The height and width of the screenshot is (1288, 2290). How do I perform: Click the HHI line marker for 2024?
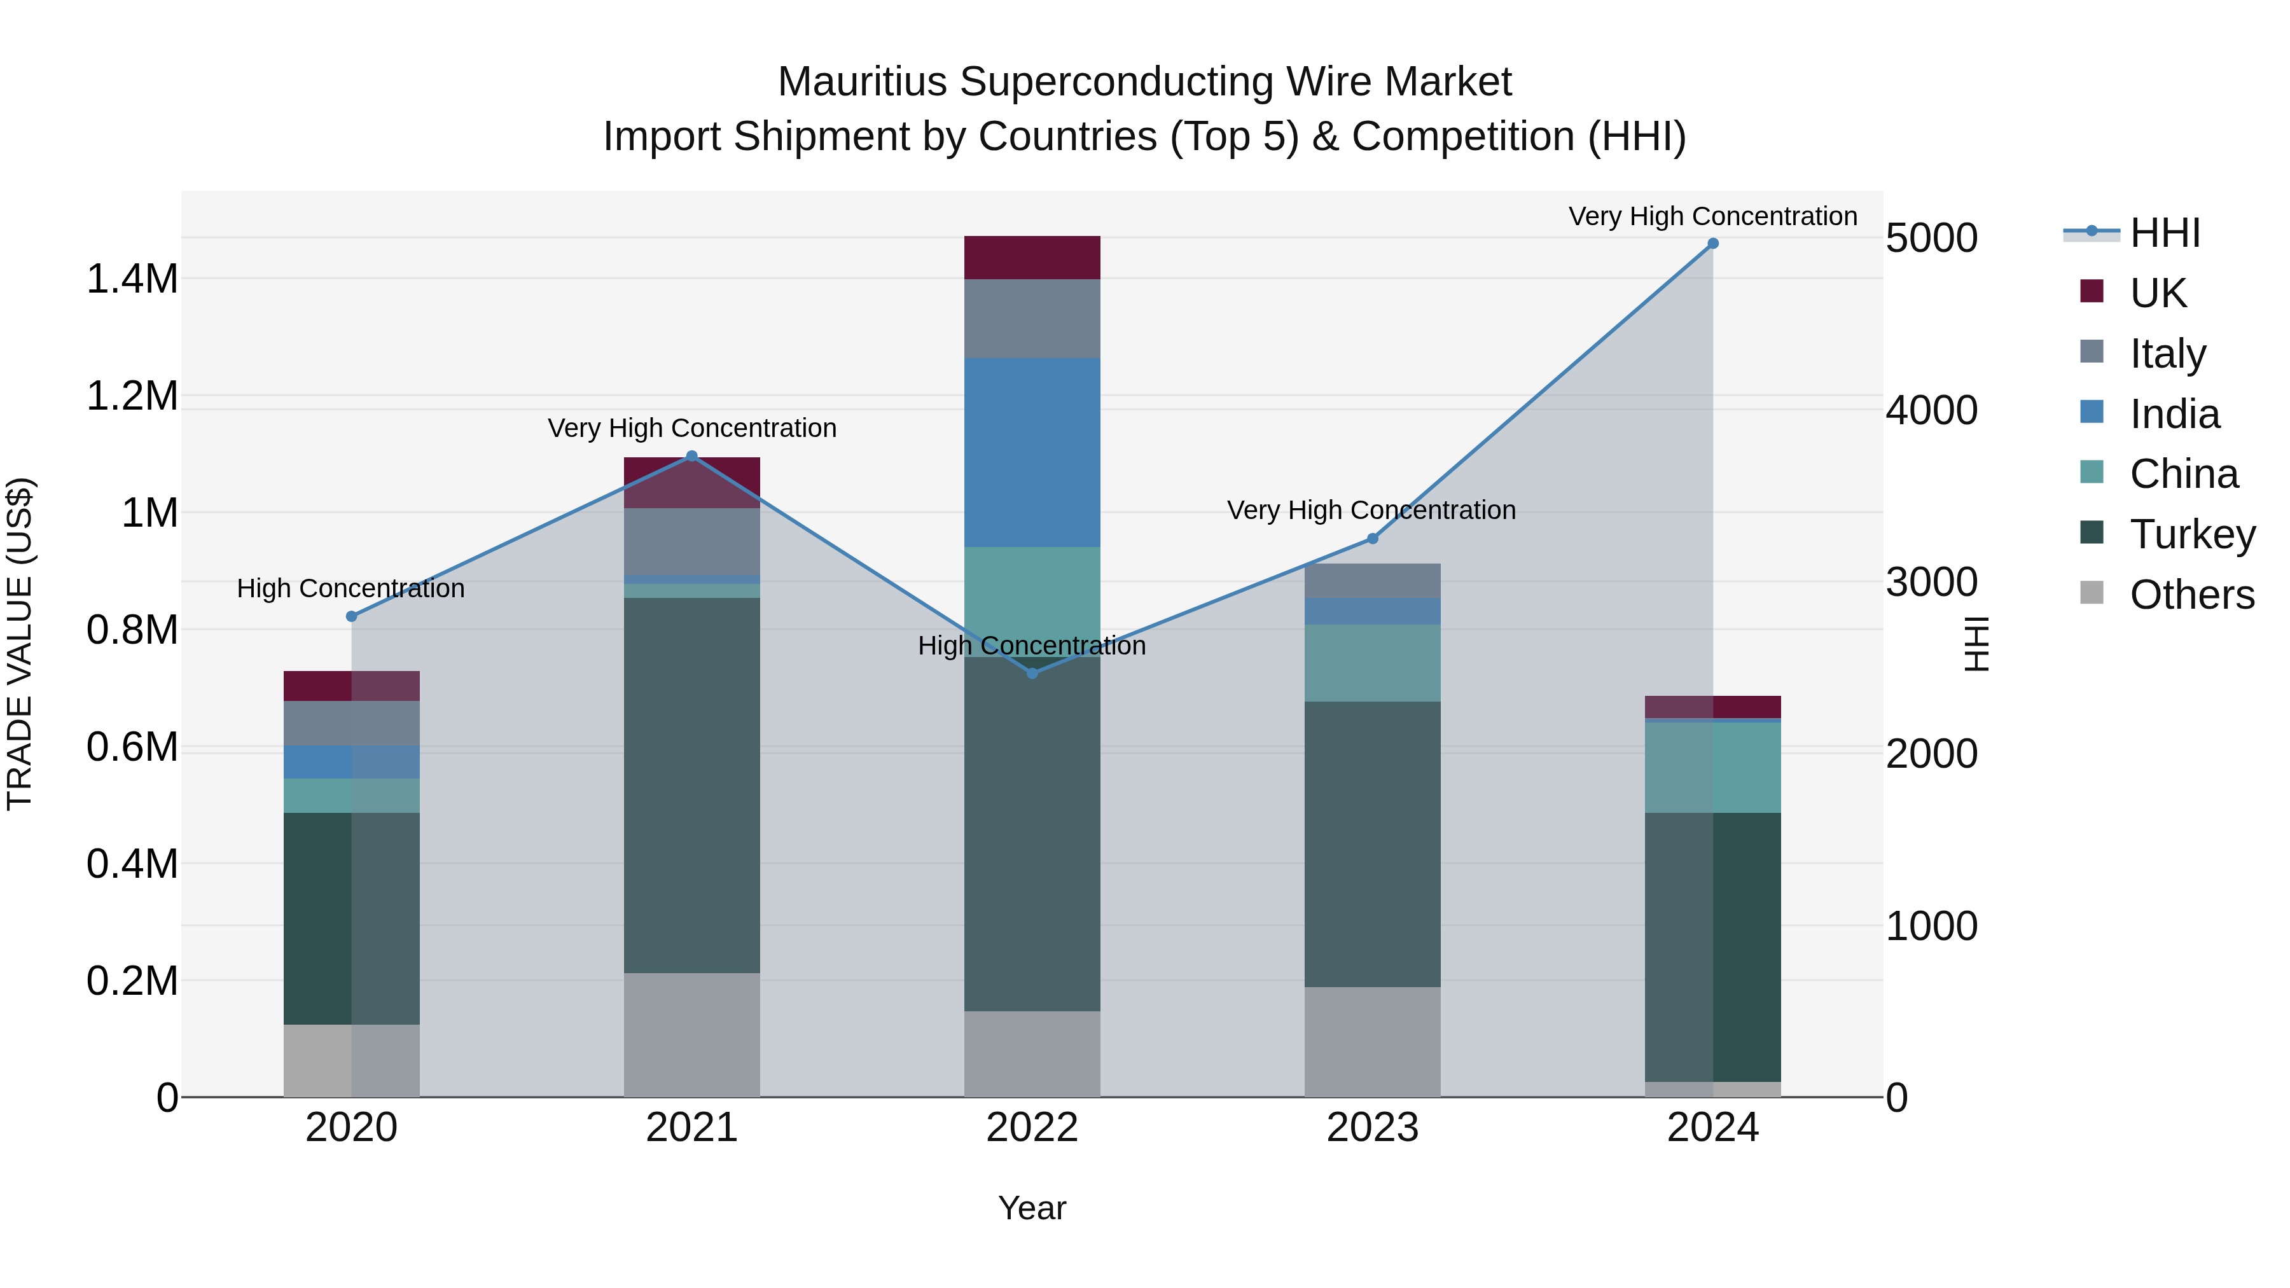pyautogui.click(x=1712, y=244)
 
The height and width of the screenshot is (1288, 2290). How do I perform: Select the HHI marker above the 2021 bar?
pyautogui.click(x=693, y=456)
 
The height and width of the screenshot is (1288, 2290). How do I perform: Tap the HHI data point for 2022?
pyautogui.click(x=1032, y=674)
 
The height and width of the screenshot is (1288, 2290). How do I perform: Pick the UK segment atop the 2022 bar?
pyautogui.click(x=1032, y=258)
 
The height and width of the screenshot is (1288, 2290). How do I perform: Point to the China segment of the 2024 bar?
pyautogui.click(x=1712, y=767)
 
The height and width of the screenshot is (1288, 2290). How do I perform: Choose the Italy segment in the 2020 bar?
pyautogui.click(x=351, y=723)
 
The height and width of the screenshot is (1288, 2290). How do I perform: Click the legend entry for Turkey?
pyautogui.click(x=2191, y=534)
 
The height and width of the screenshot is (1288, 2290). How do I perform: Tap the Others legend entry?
pyautogui.click(x=2191, y=595)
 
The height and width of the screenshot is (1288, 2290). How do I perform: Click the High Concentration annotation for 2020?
pyautogui.click(x=350, y=588)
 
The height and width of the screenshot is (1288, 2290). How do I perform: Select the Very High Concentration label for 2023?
pyautogui.click(x=1371, y=510)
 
